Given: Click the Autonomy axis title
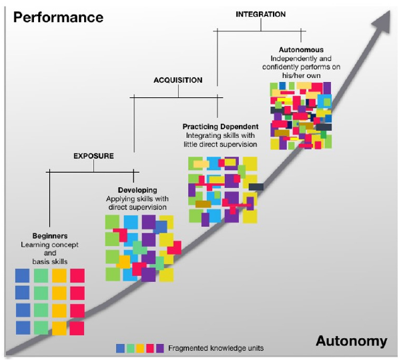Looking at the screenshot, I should (x=352, y=341).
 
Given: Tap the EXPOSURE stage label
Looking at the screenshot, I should (x=93, y=156).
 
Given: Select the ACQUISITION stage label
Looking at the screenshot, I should (x=177, y=80).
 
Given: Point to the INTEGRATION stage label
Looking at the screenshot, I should (x=261, y=14).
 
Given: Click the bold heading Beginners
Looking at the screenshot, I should (x=50, y=236).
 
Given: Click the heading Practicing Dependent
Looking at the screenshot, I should (x=220, y=125).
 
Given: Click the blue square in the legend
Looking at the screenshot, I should (x=120, y=347).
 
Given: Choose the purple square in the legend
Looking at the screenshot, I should (x=160, y=347).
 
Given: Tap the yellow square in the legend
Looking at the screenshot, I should (x=140, y=347).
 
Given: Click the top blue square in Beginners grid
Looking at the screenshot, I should (x=23, y=275).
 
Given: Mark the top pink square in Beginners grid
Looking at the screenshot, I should (x=77, y=275).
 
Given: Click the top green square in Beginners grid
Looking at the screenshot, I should (x=41, y=275).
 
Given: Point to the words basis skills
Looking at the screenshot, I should (x=50, y=261).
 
